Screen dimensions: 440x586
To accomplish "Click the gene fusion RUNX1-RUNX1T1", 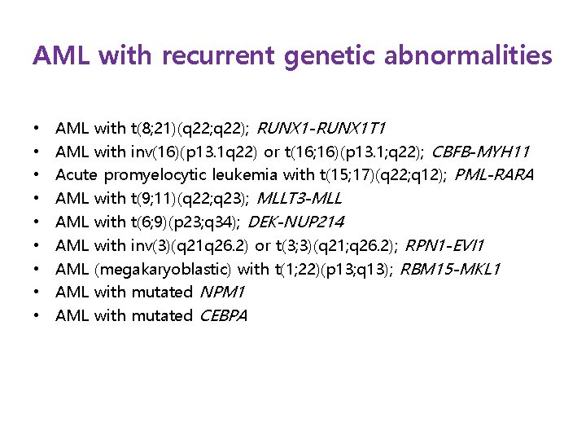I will coord(321,129).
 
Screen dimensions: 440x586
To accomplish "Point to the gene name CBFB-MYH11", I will coord(480,152).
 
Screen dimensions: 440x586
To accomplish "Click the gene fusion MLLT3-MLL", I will coord(299,199).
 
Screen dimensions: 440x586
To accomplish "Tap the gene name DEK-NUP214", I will coord(295,222).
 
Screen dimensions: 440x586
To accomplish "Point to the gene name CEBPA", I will coord(222,315).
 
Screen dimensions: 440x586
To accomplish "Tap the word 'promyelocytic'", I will coord(155,175).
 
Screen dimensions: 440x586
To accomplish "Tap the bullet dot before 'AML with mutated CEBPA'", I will coord(37,315).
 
